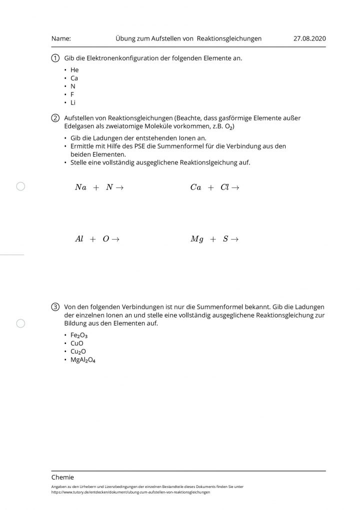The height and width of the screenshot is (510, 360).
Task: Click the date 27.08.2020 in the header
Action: pyautogui.click(x=309, y=38)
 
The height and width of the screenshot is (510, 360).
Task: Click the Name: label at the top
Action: pyautogui.click(x=61, y=38)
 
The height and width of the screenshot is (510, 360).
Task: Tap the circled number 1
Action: pyautogui.click(x=55, y=58)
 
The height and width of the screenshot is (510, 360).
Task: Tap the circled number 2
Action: pyautogui.click(x=55, y=118)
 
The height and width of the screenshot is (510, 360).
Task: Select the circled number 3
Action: pyautogui.click(x=55, y=306)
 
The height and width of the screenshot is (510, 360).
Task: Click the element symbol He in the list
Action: pyautogui.click(x=74, y=70)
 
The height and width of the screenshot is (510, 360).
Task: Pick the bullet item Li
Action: pyautogui.click(x=73, y=102)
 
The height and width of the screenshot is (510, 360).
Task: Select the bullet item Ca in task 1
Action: pyautogui.click(x=74, y=78)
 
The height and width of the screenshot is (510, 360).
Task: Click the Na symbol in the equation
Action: pyautogui.click(x=80, y=187)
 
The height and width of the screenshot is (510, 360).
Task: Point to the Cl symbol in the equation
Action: pyautogui.click(x=224, y=187)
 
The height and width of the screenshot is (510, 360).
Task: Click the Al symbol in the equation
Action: pyautogui.click(x=79, y=239)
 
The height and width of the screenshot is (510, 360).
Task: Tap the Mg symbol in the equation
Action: pyautogui.click(x=197, y=239)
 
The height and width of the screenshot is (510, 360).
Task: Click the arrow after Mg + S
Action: pyautogui.click(x=234, y=239)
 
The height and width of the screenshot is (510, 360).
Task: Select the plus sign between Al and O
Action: pyautogui.click(x=92, y=239)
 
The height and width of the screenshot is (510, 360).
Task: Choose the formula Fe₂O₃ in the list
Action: pyautogui.click(x=79, y=335)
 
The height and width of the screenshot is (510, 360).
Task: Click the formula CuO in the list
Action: pyautogui.click(x=77, y=343)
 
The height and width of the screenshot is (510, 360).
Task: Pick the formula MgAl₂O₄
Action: pyautogui.click(x=82, y=359)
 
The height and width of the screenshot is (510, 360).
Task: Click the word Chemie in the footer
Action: pyautogui.click(x=62, y=477)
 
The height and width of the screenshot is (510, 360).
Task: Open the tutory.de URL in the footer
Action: pyautogui.click(x=130, y=492)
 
